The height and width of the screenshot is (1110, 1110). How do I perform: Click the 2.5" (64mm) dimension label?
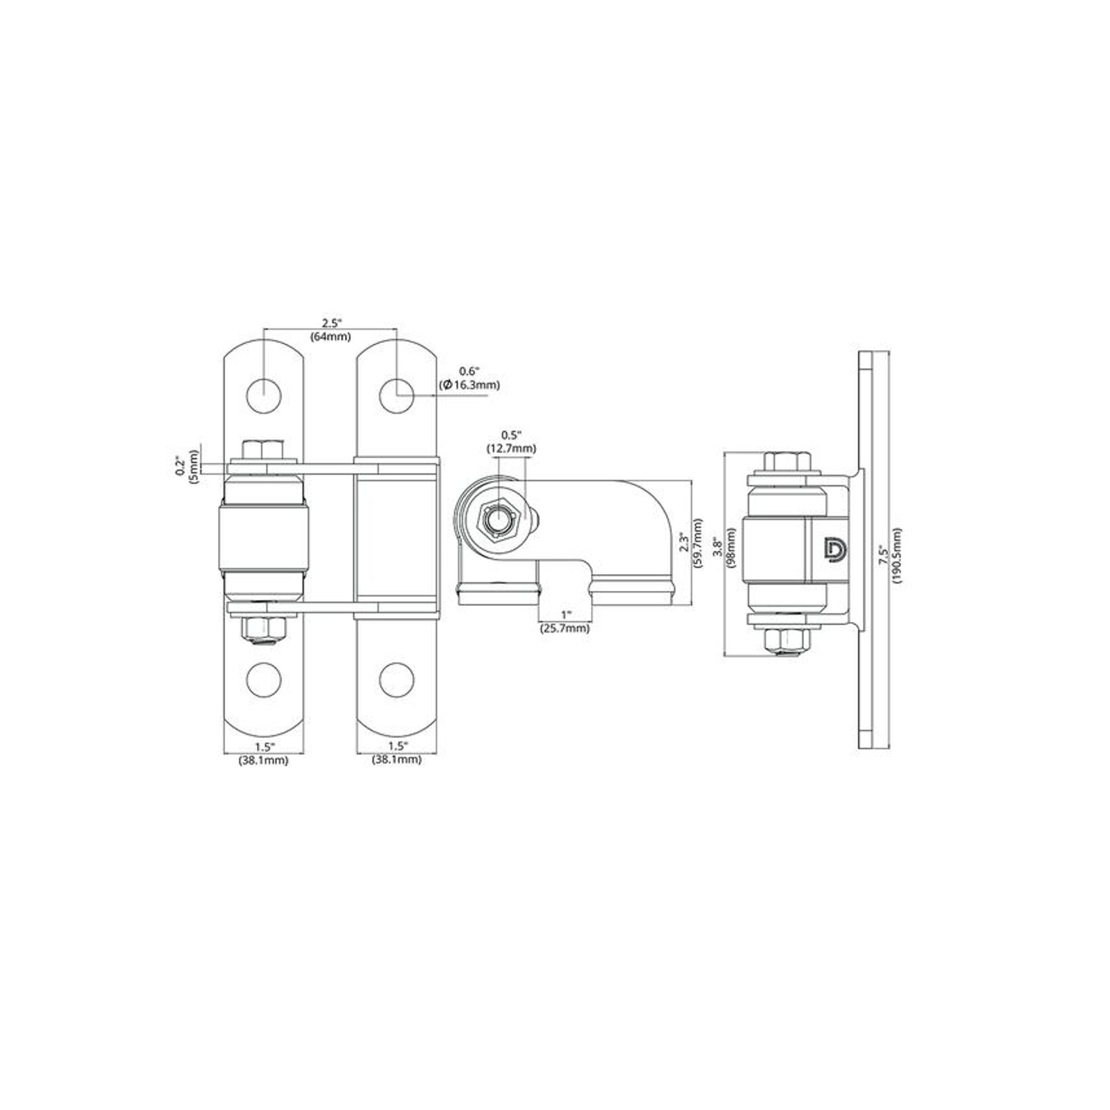(330, 330)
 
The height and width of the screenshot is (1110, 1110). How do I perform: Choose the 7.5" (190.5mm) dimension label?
(889, 555)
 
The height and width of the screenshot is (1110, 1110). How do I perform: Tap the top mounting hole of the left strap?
(264, 397)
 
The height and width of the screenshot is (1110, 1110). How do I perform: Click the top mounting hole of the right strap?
(397, 397)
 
